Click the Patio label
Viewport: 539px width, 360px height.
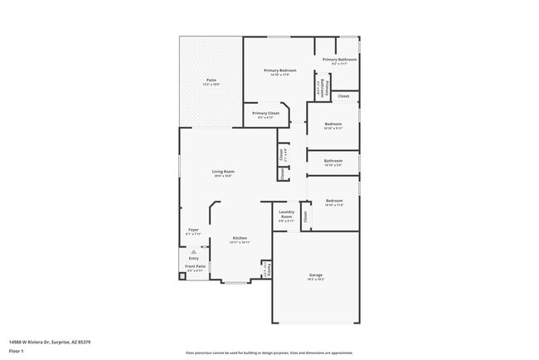[211, 80]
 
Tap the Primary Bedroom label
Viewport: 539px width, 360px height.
[280, 71]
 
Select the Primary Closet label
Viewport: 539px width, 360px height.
[265, 114]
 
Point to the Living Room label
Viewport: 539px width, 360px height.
[222, 172]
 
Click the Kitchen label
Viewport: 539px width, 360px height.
[240, 239]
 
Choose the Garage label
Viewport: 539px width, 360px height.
[316, 275]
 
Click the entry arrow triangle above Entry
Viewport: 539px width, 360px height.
[193, 251]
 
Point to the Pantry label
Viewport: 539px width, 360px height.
[266, 270]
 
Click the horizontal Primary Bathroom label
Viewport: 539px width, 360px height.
[340, 60]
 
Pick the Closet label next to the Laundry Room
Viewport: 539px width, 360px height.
[305, 216]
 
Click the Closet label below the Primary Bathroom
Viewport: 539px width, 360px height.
[343, 96]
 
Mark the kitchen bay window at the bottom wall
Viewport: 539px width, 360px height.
[236, 283]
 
